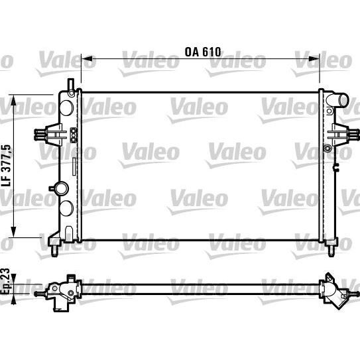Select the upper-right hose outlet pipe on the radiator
[x=340, y=101]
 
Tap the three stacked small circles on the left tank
[x=74, y=133]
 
